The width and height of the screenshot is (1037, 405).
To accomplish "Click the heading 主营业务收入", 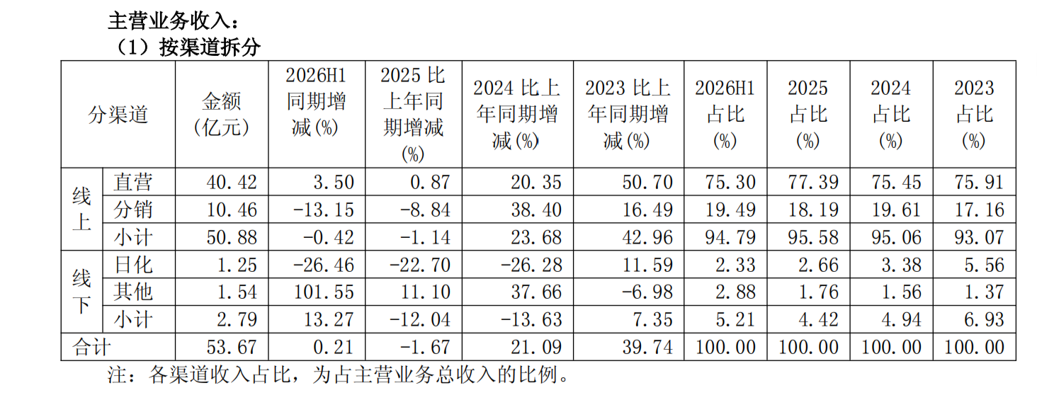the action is pyautogui.click(x=173, y=21).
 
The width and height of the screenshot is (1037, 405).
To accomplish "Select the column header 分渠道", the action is pyautogui.click(x=118, y=114).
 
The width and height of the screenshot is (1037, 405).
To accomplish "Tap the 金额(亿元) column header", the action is pyautogui.click(x=222, y=114).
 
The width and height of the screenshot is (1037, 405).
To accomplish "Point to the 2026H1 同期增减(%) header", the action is pyautogui.click(x=316, y=101).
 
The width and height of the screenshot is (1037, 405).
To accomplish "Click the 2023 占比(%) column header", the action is pyautogui.click(x=974, y=114).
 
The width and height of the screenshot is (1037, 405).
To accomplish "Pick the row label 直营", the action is pyautogui.click(x=133, y=182).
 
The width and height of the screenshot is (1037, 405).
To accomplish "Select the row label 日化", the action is pyautogui.click(x=133, y=265).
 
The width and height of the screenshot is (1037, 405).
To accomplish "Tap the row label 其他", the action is pyautogui.click(x=133, y=292).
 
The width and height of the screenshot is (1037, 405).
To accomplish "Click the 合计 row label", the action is pyautogui.click(x=91, y=347).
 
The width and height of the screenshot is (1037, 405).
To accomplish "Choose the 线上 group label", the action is pyautogui.click(x=81, y=209).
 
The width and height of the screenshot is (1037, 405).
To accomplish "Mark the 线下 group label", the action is pyautogui.click(x=81, y=292).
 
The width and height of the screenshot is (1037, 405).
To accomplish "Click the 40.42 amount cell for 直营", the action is pyautogui.click(x=232, y=182).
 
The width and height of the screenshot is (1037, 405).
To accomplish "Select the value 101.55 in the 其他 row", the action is pyautogui.click(x=324, y=292).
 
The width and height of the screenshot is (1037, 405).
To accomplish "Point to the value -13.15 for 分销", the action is pyautogui.click(x=324, y=210).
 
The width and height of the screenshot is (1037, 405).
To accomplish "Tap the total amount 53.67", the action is pyautogui.click(x=232, y=347).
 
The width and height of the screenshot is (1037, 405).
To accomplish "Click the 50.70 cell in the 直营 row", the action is pyautogui.click(x=647, y=182).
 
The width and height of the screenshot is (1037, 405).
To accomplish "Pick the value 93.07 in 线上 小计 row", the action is pyautogui.click(x=979, y=237).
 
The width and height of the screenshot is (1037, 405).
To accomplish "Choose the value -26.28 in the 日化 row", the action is pyautogui.click(x=531, y=265).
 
